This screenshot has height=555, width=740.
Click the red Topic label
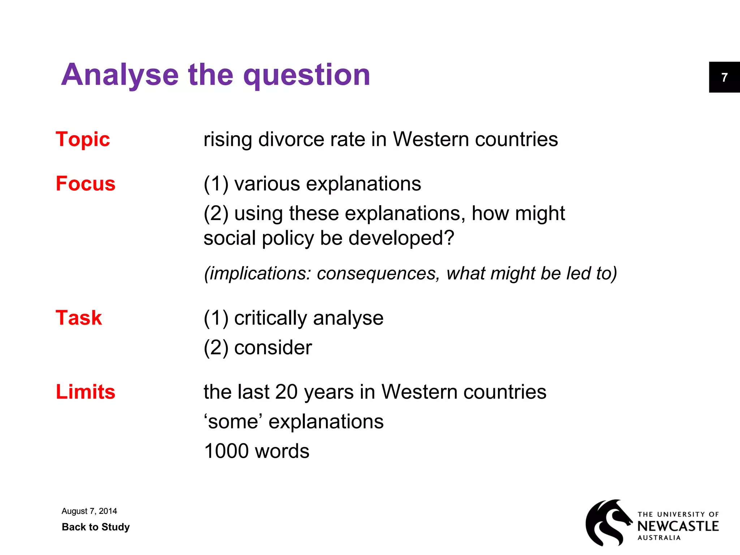(x=83, y=139)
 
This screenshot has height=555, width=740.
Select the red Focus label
(x=86, y=184)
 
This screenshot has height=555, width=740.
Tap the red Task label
(x=79, y=318)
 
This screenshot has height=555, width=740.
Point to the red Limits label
(x=86, y=392)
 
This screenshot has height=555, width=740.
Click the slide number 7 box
(x=724, y=77)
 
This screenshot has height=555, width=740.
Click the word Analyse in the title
(x=120, y=75)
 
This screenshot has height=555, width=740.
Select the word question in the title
(x=307, y=75)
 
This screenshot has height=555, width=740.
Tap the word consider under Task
(x=273, y=348)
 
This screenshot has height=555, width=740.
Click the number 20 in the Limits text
(x=286, y=392)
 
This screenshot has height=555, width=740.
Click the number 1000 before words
(x=227, y=451)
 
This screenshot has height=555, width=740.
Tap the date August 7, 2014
(x=89, y=511)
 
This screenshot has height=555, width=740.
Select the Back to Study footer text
(x=96, y=527)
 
